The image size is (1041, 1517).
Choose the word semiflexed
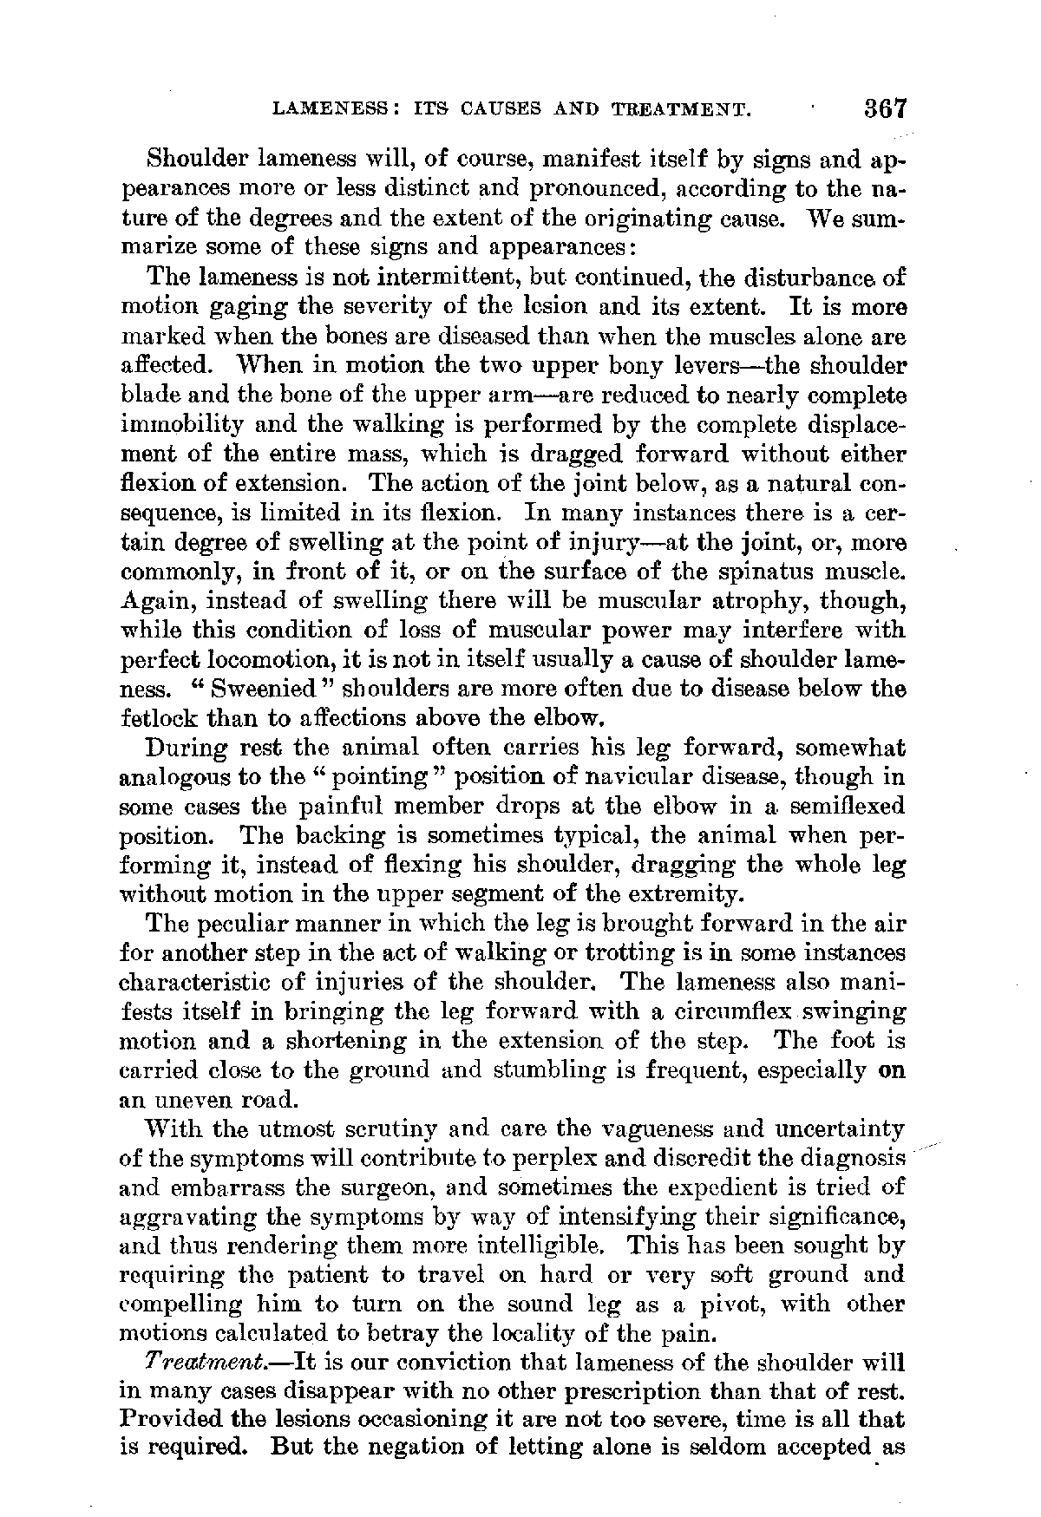843,807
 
